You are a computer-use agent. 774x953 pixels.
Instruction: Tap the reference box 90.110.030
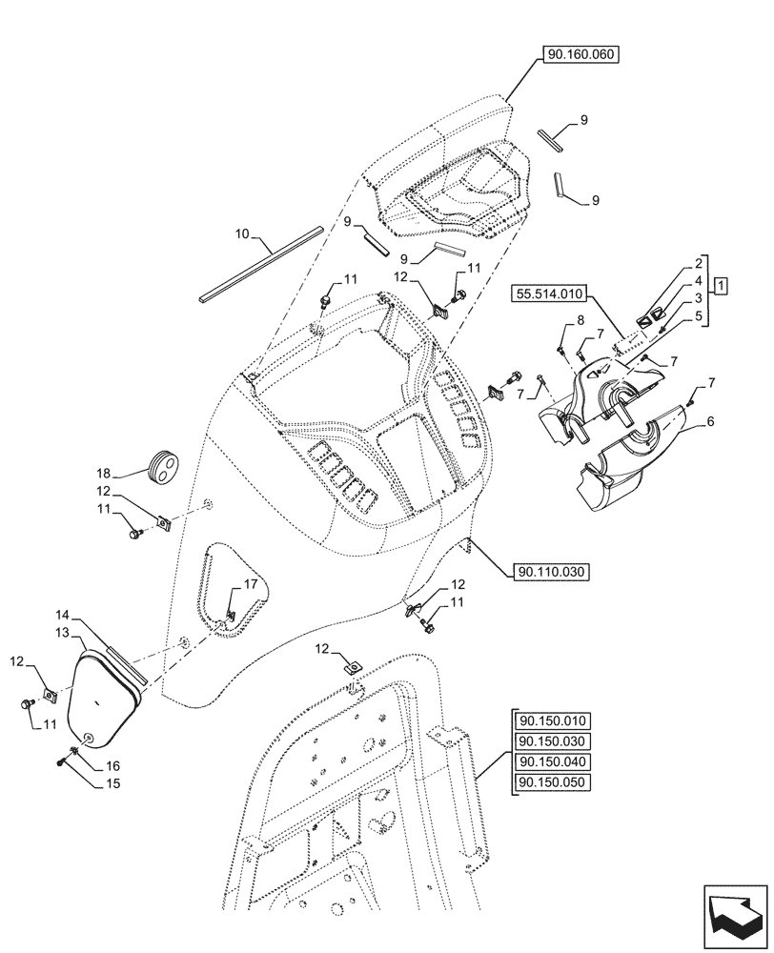point(552,572)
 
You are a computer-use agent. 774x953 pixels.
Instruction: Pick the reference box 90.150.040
point(552,762)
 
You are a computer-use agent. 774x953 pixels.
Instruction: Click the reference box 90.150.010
point(552,720)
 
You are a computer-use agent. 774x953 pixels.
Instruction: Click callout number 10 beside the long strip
point(242,233)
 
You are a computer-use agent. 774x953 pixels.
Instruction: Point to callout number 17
point(250,584)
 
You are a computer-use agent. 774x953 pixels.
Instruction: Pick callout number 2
point(699,261)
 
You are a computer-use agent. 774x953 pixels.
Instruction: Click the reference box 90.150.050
point(552,783)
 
